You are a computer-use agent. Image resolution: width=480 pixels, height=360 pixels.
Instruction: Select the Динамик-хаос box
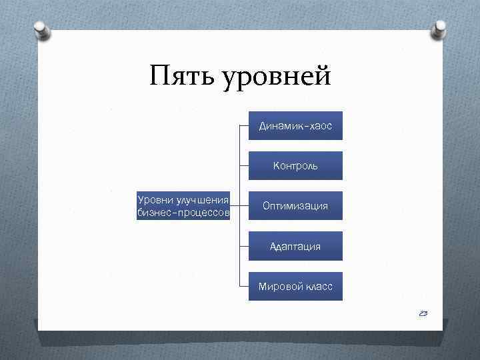coord(295,125)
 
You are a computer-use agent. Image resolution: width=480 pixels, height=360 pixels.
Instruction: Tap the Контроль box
coord(295,165)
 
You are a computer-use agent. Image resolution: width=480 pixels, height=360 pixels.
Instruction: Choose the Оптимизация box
coord(295,206)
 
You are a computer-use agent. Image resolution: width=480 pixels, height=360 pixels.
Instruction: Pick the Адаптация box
coord(295,246)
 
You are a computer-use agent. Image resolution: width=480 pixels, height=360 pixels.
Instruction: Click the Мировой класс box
coord(295,286)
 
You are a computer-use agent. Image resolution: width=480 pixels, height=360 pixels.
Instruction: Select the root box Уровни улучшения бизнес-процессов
coord(183,206)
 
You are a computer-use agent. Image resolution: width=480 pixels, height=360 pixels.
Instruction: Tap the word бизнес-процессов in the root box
coord(183,213)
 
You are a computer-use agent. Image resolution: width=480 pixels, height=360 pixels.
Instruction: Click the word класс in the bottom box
coord(316,287)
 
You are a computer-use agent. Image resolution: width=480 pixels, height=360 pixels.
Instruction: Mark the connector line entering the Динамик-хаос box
coord(244,125)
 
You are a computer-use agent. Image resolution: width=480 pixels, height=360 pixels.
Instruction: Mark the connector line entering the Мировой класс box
coord(244,286)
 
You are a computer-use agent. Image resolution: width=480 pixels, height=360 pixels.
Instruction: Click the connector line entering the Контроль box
coord(244,165)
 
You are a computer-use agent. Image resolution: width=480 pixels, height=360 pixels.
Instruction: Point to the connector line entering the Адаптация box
coord(244,246)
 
